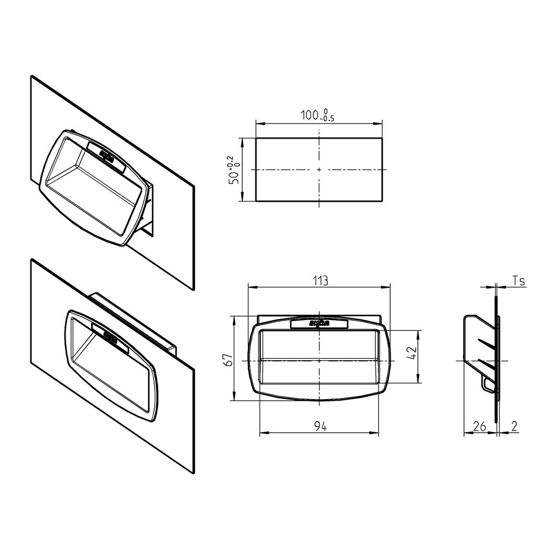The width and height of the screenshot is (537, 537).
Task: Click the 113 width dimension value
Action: tap(320, 281)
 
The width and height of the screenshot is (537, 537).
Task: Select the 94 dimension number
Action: tap(320, 427)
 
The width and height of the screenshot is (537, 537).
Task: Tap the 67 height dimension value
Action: tap(227, 360)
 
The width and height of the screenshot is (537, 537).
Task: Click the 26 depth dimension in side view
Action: tap(479, 427)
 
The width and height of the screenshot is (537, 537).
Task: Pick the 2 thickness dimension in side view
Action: tap(514, 427)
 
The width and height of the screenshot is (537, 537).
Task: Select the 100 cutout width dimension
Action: tap(310, 116)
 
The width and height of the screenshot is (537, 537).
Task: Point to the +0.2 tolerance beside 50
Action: tap(231, 161)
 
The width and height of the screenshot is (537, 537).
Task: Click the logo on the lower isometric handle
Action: tap(111, 335)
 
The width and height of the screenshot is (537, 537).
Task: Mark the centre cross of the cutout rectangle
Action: tap(319, 169)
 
